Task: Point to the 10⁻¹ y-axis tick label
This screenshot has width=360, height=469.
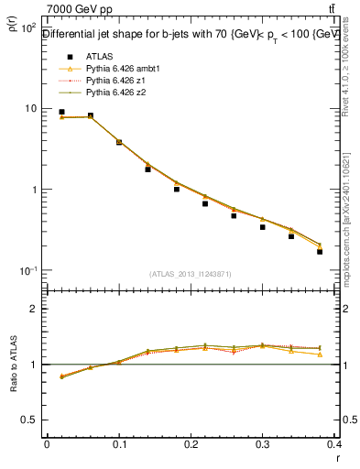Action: [27, 271]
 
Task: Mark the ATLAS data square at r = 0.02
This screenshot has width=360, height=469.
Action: [61, 112]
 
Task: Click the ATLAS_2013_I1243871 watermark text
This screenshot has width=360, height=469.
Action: [191, 274]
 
